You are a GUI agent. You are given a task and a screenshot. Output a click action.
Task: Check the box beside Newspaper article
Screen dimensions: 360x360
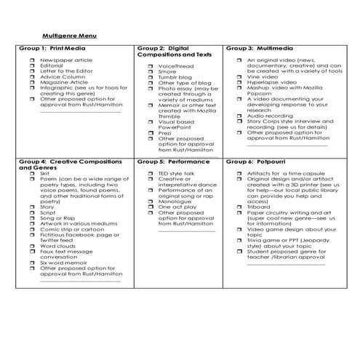[32, 60]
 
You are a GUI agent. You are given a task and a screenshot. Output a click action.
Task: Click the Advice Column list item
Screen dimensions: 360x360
[61, 77]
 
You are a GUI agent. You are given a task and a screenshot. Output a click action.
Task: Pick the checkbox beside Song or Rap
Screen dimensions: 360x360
[32, 217]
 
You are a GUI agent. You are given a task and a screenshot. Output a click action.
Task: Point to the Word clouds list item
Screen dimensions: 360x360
[60, 247]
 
